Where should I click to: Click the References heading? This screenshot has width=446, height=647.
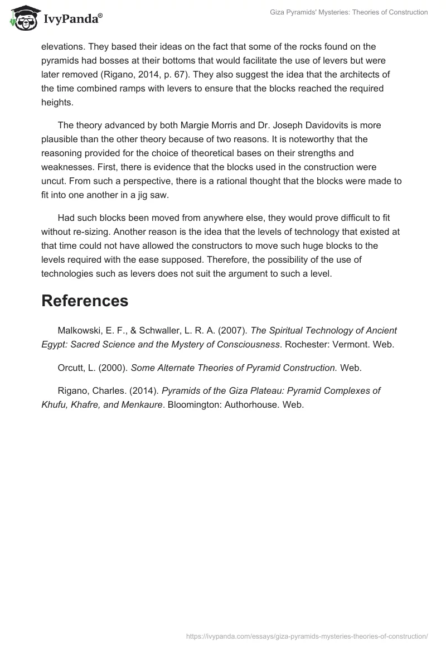[x=85, y=301]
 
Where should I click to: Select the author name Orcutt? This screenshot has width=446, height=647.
[x=71, y=368]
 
